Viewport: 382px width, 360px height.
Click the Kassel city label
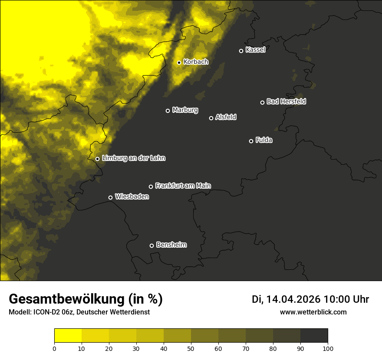point(255,50)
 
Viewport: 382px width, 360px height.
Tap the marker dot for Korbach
point(179,62)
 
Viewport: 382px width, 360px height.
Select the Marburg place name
point(185,110)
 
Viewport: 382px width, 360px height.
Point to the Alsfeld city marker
point(211,118)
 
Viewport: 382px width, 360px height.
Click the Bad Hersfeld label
point(286,101)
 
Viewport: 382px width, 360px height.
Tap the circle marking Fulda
point(251,141)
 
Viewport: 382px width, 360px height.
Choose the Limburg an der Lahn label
point(133,158)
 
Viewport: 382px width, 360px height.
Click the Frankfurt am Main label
point(183,186)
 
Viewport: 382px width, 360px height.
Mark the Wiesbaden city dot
point(110,197)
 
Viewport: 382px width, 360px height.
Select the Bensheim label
point(171,245)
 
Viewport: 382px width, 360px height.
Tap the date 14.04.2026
point(293,299)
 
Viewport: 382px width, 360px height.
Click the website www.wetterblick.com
point(313,312)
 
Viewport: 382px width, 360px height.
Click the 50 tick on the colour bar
point(191,348)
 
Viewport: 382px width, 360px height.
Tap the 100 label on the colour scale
point(328,348)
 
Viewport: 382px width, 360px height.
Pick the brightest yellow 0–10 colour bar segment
point(68,336)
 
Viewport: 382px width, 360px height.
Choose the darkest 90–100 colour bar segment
point(314,336)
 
